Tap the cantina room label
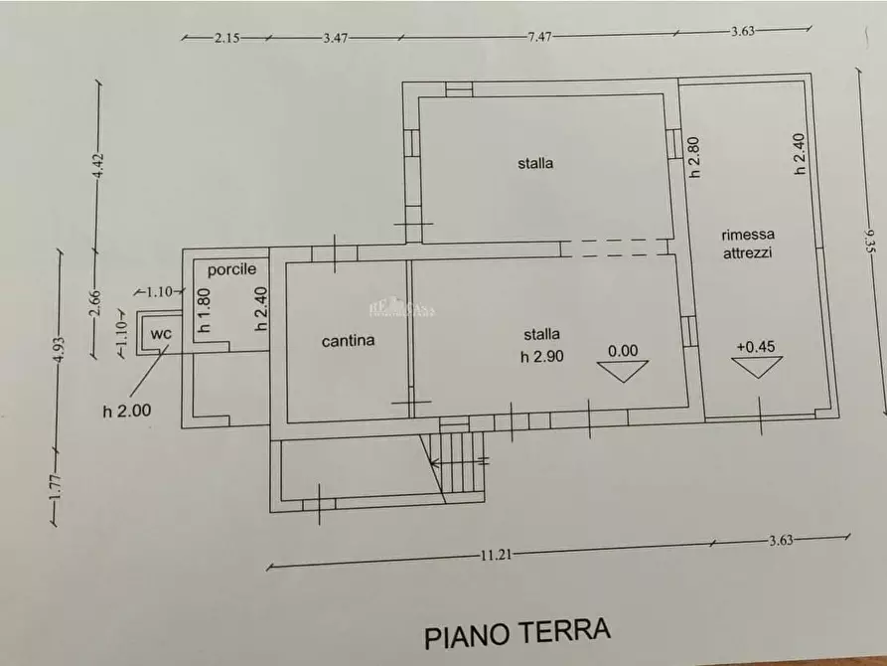(349, 341)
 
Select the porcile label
(231, 269)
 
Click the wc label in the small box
(161, 334)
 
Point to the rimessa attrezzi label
(748, 244)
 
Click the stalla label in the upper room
(535, 163)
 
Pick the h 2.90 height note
(542, 357)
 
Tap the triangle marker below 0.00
(623, 371)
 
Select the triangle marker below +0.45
(756, 367)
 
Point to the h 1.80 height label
(204, 310)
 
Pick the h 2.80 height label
(695, 156)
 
